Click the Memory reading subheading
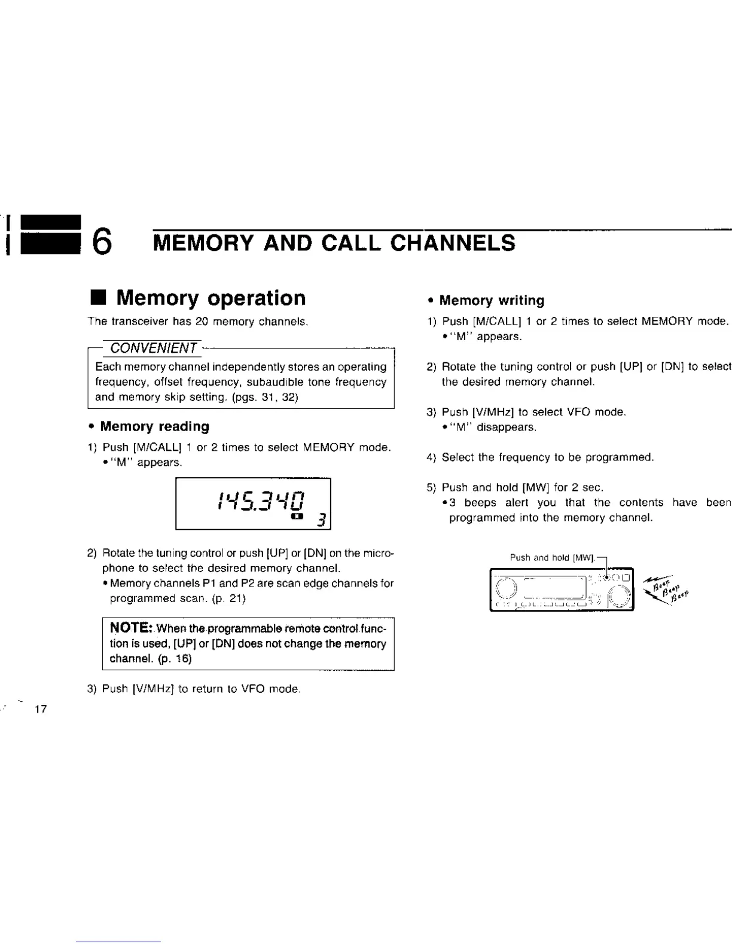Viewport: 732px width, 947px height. click(154, 426)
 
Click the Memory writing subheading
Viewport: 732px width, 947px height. click(491, 300)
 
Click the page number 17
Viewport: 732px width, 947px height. click(41, 710)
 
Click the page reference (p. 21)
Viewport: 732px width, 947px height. click(227, 598)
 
